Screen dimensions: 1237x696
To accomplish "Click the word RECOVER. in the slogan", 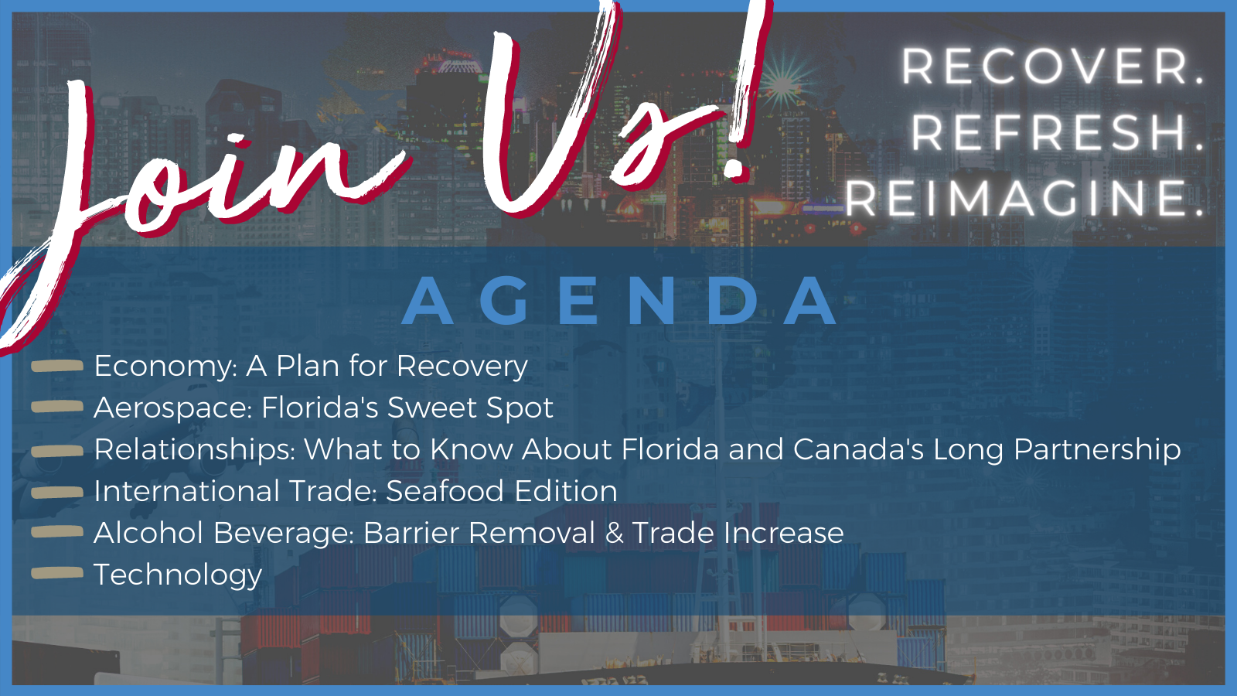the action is click(1052, 67).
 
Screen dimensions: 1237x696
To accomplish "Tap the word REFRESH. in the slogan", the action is click(1057, 132).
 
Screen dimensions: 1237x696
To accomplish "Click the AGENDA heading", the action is click(618, 302).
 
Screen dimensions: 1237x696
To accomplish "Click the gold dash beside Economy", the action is click(57, 367).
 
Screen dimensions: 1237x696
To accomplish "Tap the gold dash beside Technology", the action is click(57, 573).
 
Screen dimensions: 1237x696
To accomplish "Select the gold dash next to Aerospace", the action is click(57, 407).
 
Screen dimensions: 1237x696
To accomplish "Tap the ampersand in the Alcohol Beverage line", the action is click(614, 533).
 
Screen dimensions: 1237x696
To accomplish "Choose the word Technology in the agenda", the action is click(178, 575).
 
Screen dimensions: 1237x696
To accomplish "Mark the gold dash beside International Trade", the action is click(57, 491).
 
